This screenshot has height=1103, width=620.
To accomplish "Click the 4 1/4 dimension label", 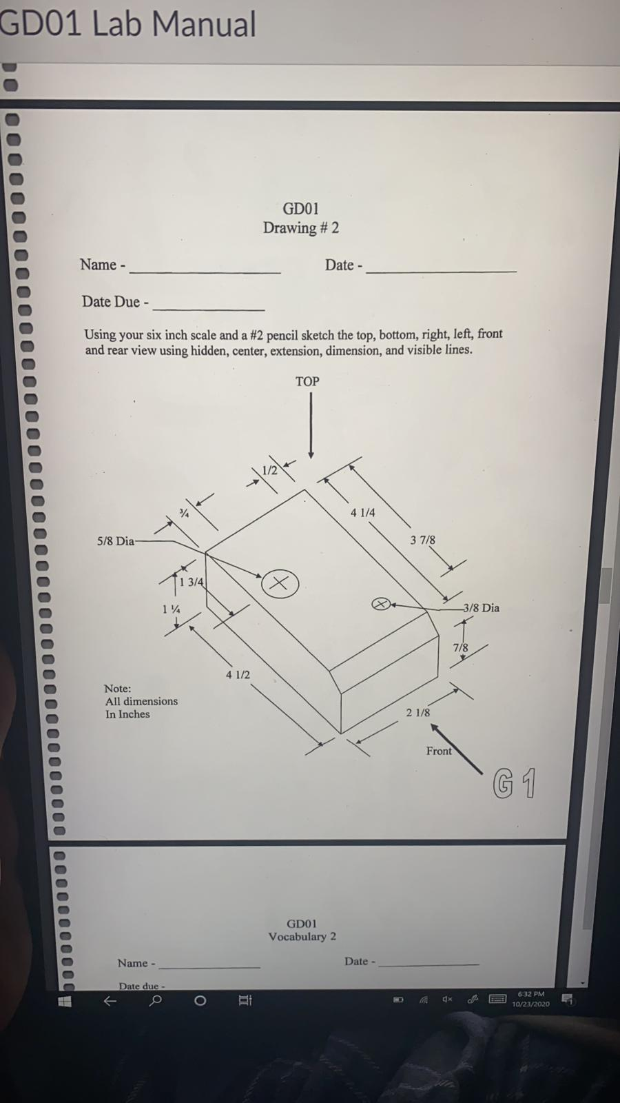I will [362, 513].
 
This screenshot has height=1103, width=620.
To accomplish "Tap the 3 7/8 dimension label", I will [422, 540].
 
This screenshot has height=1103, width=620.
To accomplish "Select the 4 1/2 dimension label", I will [238, 675].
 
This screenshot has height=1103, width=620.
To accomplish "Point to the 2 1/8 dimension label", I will [417, 713].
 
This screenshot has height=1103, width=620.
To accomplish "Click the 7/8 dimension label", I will [460, 648].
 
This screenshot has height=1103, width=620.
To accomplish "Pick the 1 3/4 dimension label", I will [191, 583].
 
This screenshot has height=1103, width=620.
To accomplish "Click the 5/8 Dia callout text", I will [115, 542].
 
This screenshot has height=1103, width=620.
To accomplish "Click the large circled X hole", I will [280, 583].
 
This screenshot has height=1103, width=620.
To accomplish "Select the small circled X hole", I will [381, 604].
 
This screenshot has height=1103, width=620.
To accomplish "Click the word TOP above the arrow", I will [307, 382].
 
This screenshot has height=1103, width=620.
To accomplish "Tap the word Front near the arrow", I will [439, 751].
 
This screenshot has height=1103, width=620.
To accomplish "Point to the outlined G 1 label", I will [514, 784].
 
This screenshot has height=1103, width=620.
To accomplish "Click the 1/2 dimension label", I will [269, 471].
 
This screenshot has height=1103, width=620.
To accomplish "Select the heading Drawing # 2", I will [301, 228].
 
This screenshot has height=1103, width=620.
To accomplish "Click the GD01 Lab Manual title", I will [127, 25].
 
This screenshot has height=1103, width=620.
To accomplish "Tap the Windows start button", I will [64, 1001].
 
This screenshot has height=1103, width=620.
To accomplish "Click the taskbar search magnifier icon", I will [156, 1000].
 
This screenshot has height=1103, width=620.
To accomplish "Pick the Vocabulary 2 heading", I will [302, 937].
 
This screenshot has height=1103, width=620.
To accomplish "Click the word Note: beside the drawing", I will [117, 689].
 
